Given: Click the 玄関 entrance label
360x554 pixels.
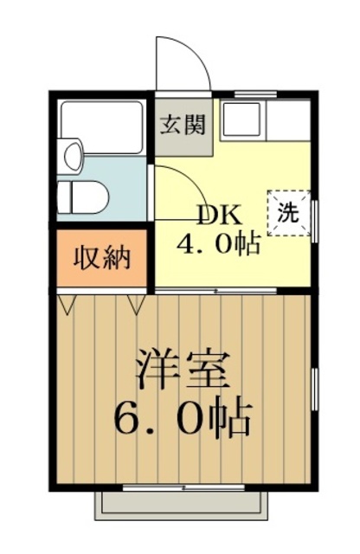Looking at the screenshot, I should click(184, 125).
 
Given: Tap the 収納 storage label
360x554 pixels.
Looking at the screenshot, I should click(102, 258).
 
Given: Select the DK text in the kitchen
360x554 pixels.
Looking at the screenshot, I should click(221, 216).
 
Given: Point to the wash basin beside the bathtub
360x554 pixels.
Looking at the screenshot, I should click(72, 156).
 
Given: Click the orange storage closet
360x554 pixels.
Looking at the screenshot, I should click(102, 258).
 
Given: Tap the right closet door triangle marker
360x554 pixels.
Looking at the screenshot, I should click(136, 303).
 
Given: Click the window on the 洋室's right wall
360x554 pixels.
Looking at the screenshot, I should click(314, 385).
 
